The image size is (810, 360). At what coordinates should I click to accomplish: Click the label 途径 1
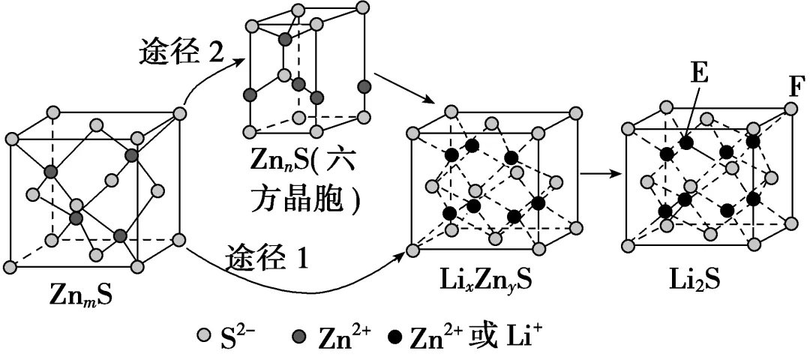click(x=267, y=257)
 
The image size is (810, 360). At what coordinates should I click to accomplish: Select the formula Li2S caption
click(x=696, y=281)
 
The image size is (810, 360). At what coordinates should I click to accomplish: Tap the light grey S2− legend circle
click(x=204, y=336)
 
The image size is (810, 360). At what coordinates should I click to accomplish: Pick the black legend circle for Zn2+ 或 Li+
click(x=395, y=337)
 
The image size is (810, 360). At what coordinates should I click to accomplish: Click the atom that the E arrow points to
click(x=685, y=143)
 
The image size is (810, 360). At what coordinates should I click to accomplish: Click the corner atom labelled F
click(x=791, y=109)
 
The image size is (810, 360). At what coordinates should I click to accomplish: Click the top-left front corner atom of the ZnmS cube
click(x=11, y=139)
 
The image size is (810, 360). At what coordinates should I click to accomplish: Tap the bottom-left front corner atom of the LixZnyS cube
click(x=412, y=251)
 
